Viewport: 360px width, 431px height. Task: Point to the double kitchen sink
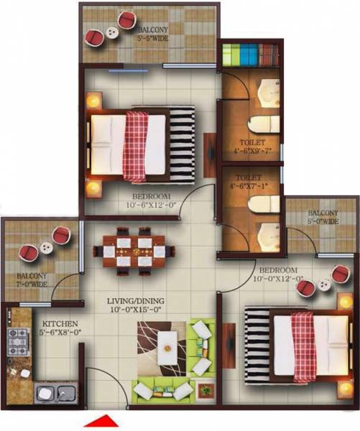click(x=55, y=393)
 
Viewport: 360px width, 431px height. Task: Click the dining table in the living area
click(x=134, y=251)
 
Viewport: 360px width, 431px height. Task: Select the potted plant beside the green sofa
click(x=206, y=391)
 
